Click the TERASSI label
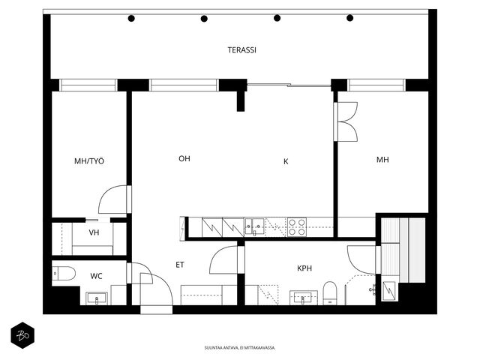(241, 50)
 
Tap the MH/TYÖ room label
(89, 161)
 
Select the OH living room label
(184, 158)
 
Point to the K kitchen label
(286, 161)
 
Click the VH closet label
(94, 232)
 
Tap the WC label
(96, 276)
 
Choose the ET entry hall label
(180, 265)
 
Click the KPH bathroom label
(304, 268)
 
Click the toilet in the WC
(63, 273)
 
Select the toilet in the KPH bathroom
(330, 293)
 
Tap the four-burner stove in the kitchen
(297, 226)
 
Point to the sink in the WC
(97, 298)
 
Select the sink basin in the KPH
(303, 298)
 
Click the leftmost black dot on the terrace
(131, 18)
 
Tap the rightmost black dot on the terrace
(350, 18)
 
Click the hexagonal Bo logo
(22, 335)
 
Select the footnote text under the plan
(240, 348)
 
